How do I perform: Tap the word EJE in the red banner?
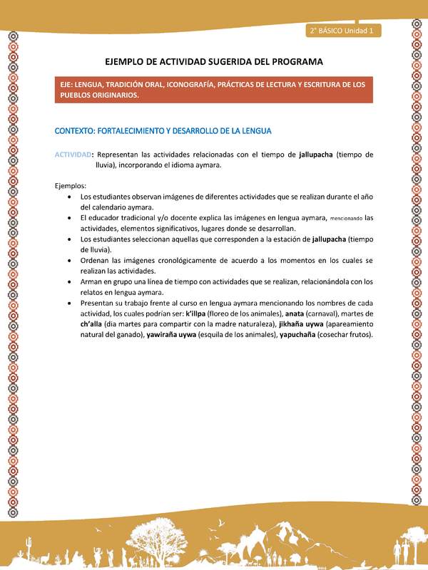pyautogui.click(x=68, y=84)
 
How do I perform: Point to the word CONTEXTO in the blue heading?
pyautogui.click(x=78, y=131)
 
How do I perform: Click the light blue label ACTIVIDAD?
pyautogui.click(x=73, y=154)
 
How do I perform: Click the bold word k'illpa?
pyautogui.click(x=198, y=313)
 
